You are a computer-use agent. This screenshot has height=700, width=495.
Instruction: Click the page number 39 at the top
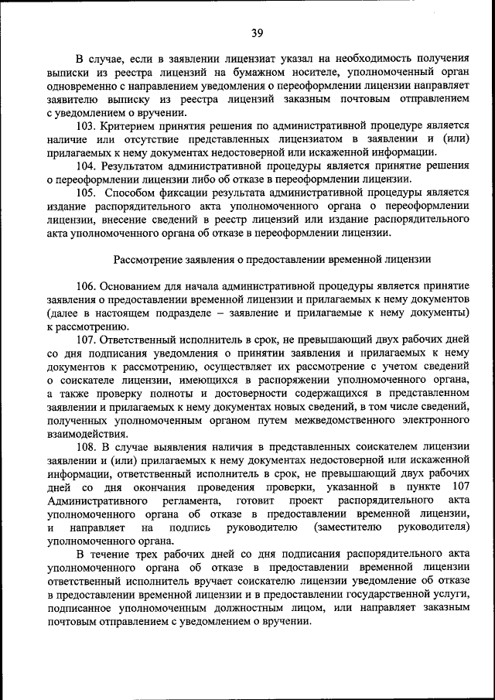pos(258,32)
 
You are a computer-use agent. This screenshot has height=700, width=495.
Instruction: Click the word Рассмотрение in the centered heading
pos(152,258)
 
